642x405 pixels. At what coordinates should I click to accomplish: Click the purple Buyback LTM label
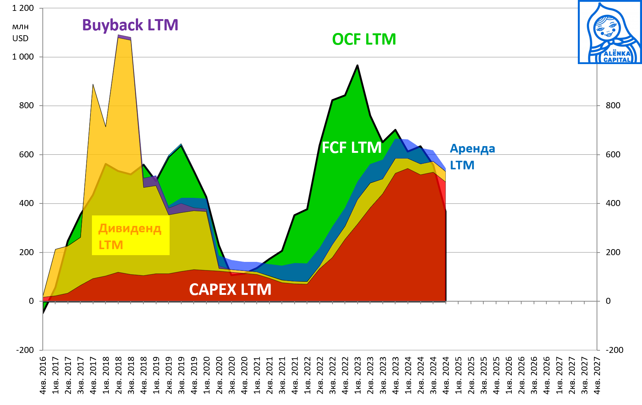tap(130, 25)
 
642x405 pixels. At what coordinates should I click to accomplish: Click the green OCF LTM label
tap(364, 39)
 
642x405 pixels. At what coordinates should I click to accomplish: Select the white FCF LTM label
tap(351, 148)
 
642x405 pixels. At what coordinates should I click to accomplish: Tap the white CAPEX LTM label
tap(230, 289)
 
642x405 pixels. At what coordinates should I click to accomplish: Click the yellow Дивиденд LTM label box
tap(130, 236)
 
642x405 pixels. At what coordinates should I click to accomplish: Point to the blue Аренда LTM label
tap(472, 157)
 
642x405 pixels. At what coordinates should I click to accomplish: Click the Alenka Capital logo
tap(610, 32)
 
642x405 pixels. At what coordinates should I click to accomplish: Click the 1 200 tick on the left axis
tap(23, 8)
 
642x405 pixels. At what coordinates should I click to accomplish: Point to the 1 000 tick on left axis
tap(23, 57)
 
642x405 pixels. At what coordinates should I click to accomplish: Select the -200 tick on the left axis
tap(25, 350)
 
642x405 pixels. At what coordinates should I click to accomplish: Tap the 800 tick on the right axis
tap(613, 105)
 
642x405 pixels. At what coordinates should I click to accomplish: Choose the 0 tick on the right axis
tap(608, 301)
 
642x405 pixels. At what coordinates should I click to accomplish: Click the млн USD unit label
tap(20, 33)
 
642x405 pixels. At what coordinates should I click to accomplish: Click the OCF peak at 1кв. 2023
tap(358, 66)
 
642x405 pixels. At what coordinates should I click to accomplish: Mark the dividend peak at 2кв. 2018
tap(119, 37)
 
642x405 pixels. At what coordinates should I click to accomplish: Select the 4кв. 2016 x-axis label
tap(43, 375)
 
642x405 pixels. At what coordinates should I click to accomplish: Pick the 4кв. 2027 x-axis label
tap(597, 375)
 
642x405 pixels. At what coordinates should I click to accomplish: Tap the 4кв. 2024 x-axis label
tap(446, 375)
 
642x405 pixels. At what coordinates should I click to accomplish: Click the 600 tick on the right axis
tap(613, 154)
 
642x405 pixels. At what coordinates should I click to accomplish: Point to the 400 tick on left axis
tap(26, 203)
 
